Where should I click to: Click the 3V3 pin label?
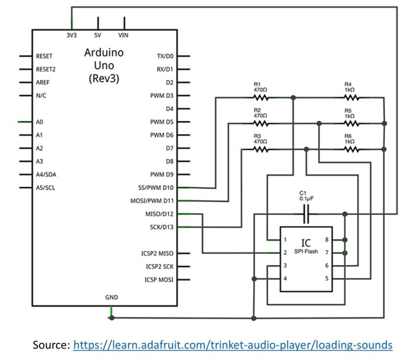point(73,36)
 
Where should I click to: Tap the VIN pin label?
point(123,36)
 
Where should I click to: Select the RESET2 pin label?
point(46,69)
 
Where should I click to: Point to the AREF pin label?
point(43,82)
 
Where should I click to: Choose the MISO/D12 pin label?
point(157,214)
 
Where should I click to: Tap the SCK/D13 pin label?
point(158,227)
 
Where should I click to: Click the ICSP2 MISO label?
point(157,253)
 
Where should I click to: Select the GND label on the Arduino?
point(111,297)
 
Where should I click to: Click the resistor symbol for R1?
point(260,97)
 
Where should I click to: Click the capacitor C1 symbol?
point(307,216)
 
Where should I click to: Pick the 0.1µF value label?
point(307,198)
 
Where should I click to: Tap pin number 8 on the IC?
point(326,240)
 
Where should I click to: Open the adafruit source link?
point(233,345)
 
